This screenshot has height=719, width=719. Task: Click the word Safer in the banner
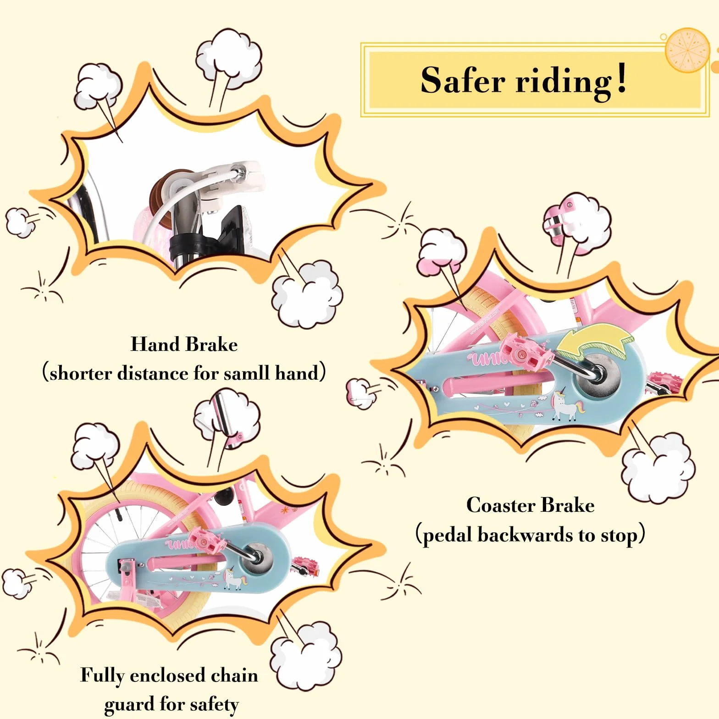pos(463,81)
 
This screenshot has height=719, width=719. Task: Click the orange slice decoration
pos(687,50)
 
